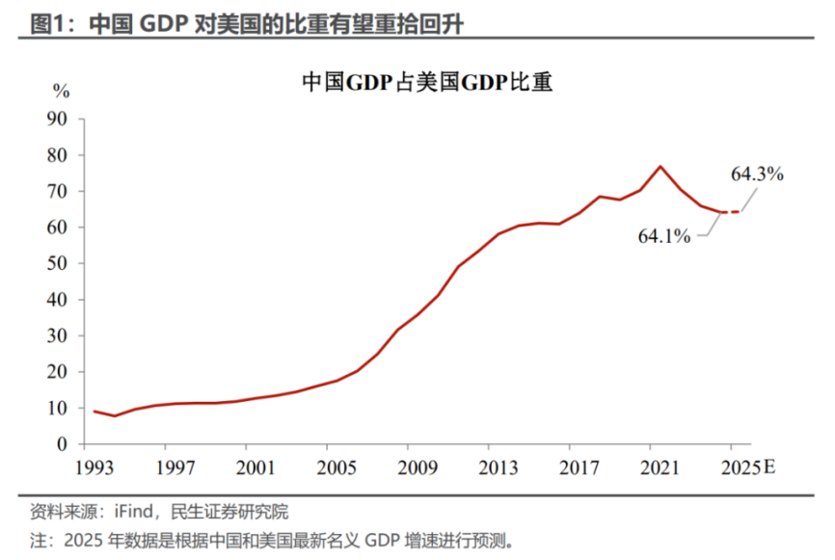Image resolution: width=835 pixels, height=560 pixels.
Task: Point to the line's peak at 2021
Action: [x=660, y=167]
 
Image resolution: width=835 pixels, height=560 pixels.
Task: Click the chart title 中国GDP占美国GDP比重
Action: [x=426, y=84]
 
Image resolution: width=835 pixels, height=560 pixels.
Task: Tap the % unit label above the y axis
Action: [x=62, y=92]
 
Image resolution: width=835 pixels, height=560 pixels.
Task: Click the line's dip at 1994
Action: [x=115, y=415]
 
